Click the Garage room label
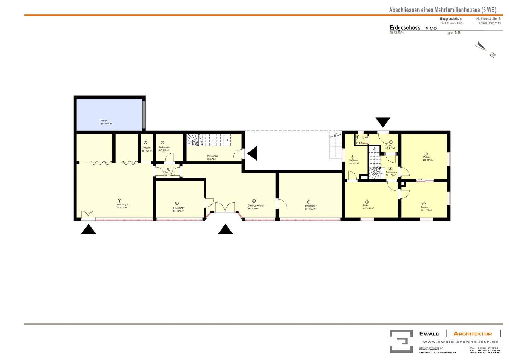(x=104, y=121)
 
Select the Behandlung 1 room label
(x=179, y=208)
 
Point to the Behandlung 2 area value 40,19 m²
(x=122, y=208)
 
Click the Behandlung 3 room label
(x=311, y=205)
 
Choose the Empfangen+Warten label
(x=256, y=205)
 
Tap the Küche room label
(x=365, y=205)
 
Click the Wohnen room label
(x=426, y=157)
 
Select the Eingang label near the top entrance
(x=388, y=145)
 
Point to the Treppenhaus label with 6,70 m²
(x=212, y=156)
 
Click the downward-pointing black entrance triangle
(x=383, y=122)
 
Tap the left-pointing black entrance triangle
(x=252, y=153)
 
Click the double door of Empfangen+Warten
(x=225, y=208)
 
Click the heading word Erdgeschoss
(x=405, y=28)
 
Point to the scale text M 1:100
(x=431, y=28)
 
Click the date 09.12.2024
(x=397, y=33)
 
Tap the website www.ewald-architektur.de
(x=460, y=342)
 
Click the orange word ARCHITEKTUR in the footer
(x=472, y=333)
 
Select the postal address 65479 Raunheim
(x=490, y=23)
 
